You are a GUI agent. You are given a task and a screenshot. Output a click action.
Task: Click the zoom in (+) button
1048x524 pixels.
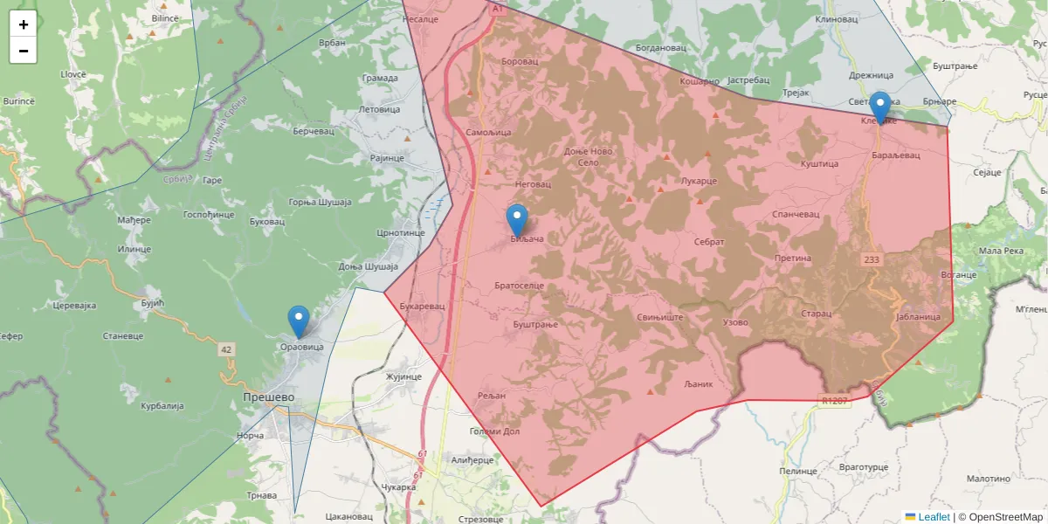[x=24, y=24]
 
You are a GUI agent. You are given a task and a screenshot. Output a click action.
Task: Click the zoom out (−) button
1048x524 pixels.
[x=24, y=51]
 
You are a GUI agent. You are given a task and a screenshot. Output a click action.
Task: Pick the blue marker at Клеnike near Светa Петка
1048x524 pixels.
[x=880, y=107]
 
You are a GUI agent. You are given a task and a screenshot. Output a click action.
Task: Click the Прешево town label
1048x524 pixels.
[x=268, y=396]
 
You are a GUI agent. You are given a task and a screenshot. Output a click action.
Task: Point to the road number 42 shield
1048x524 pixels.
[x=227, y=349]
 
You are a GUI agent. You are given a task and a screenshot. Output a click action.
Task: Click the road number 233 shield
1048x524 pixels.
[x=872, y=259]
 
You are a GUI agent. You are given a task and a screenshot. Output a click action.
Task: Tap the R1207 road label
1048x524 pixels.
[x=834, y=401]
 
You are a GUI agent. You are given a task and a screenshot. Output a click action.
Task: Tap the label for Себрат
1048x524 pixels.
[x=709, y=241]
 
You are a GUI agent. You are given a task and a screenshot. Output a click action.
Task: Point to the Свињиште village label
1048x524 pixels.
[x=659, y=317]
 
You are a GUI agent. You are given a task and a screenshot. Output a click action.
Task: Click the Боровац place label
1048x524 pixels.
[x=521, y=61]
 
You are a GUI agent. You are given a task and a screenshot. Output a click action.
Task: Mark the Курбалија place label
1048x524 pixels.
[x=162, y=406]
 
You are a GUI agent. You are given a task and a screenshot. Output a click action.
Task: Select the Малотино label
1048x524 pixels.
[x=988, y=479]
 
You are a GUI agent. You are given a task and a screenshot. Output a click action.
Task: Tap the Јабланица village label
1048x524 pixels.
[x=918, y=317]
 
